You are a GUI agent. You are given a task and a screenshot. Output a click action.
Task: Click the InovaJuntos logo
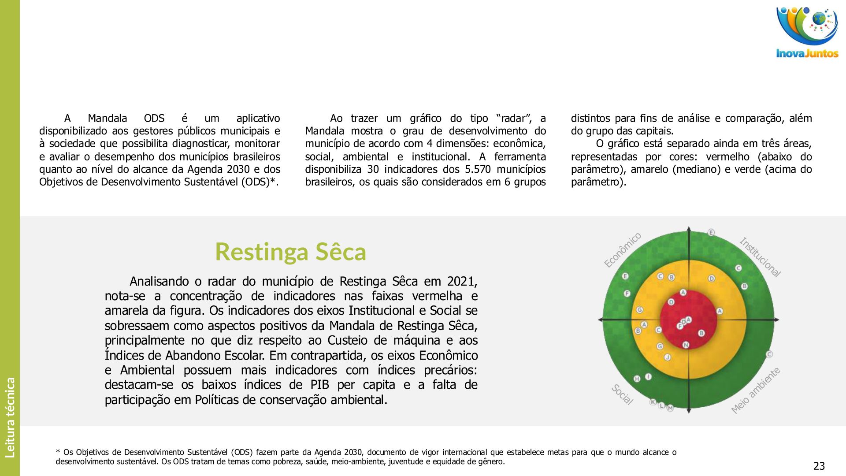click(807, 32)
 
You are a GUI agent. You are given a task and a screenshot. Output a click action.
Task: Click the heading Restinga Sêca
click(290, 252)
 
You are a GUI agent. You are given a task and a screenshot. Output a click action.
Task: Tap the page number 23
click(819, 466)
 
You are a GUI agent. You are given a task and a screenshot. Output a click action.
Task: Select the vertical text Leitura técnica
click(10, 417)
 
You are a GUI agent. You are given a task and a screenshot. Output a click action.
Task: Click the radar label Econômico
click(622, 250)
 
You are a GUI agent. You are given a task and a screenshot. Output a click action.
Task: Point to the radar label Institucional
click(760, 257)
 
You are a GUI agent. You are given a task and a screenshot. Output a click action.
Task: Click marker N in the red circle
click(686, 345)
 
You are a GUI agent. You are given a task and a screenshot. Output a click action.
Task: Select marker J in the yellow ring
click(667, 357)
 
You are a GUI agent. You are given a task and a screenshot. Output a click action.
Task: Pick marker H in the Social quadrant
click(637, 379)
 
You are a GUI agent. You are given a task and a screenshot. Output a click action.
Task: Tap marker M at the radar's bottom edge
click(670, 408)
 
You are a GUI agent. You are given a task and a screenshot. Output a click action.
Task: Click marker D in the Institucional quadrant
click(711, 279)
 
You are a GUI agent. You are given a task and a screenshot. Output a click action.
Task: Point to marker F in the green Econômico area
click(627, 294)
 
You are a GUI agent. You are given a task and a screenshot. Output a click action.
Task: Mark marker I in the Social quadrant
click(648, 377)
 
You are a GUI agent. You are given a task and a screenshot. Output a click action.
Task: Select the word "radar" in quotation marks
click(513, 118)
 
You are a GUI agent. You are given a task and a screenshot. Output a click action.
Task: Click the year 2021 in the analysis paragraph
click(462, 281)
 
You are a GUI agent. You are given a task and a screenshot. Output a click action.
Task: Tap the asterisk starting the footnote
click(58, 451)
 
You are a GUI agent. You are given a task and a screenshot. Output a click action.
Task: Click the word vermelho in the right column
click(727, 156)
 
